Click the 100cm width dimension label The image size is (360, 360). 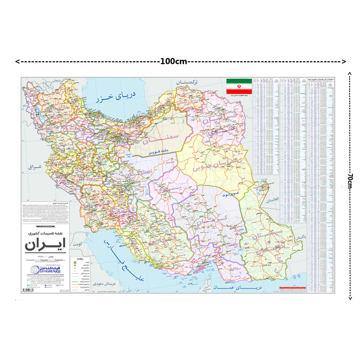point(174,61)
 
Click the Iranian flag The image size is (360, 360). point(238,85)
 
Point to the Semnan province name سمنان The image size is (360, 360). point(165,138)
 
